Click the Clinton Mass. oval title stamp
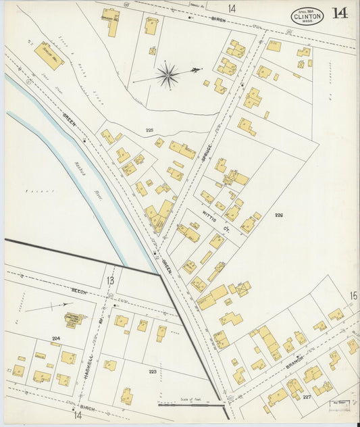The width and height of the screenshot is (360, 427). pos(307,16)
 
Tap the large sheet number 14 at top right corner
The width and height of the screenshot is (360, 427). pos(340,13)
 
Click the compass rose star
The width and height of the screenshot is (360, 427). pos(167,74)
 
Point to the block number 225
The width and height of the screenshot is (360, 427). pos(149,129)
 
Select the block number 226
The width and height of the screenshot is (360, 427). pos(279,216)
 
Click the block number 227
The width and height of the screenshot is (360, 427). pos(307,397)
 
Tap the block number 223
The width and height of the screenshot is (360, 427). pos(153,372)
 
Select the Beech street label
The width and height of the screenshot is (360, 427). pos(80,291)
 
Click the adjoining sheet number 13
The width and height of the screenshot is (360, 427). pos(110,279)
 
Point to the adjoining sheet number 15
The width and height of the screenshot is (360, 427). pos(353,295)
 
